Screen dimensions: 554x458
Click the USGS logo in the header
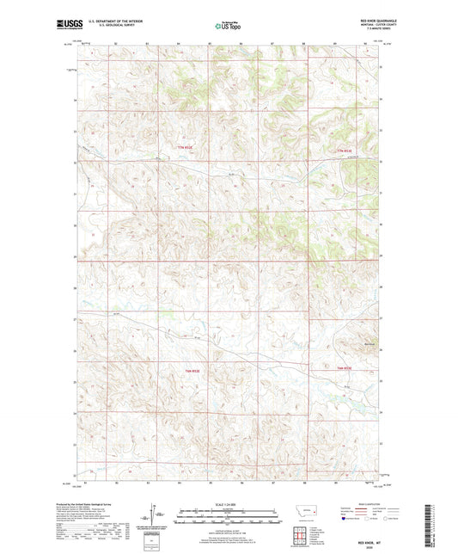pyautogui.click(x=64, y=26)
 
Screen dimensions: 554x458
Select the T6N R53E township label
pyautogui.click(x=344, y=370)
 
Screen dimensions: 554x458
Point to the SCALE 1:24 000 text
pyautogui.click(x=228, y=504)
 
